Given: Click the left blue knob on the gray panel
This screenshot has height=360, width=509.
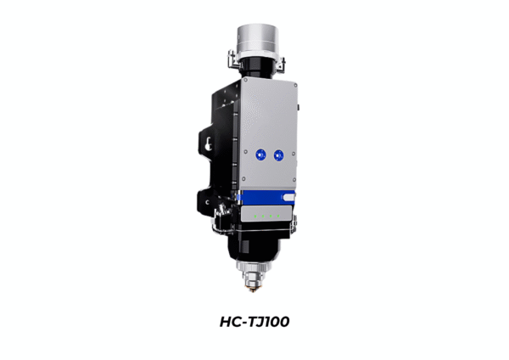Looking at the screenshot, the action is tap(260, 155).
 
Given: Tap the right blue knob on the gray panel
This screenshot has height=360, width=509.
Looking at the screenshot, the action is tap(278, 155).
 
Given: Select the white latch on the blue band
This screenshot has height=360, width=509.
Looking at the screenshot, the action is tap(289, 197).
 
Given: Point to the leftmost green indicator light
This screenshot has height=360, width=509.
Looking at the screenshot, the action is tap(255, 216).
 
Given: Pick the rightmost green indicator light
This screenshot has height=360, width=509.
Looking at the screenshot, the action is tap(278, 216).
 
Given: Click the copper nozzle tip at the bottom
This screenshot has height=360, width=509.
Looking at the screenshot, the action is tap(253, 288).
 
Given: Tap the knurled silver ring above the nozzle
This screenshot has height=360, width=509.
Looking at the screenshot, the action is tap(253, 266).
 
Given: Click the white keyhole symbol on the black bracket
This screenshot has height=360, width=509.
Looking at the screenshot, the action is tap(208, 144).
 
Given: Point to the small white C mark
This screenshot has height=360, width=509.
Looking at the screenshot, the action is tap(208, 202).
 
